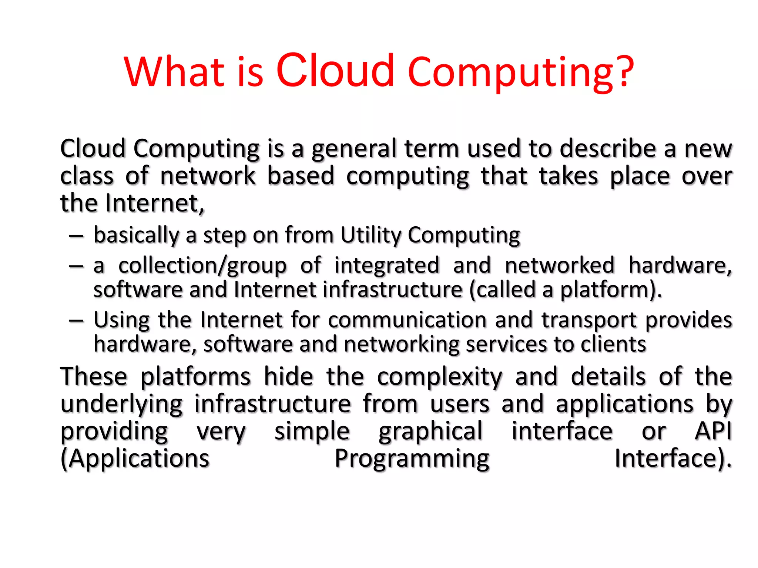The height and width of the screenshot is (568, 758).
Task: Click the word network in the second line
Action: pyautogui.click(x=208, y=176)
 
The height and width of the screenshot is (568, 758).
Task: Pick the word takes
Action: pyautogui.click(x=568, y=176)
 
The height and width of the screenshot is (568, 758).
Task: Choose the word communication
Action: pyautogui.click(x=407, y=320)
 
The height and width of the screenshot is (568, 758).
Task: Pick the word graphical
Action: pyautogui.click(x=430, y=432)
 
